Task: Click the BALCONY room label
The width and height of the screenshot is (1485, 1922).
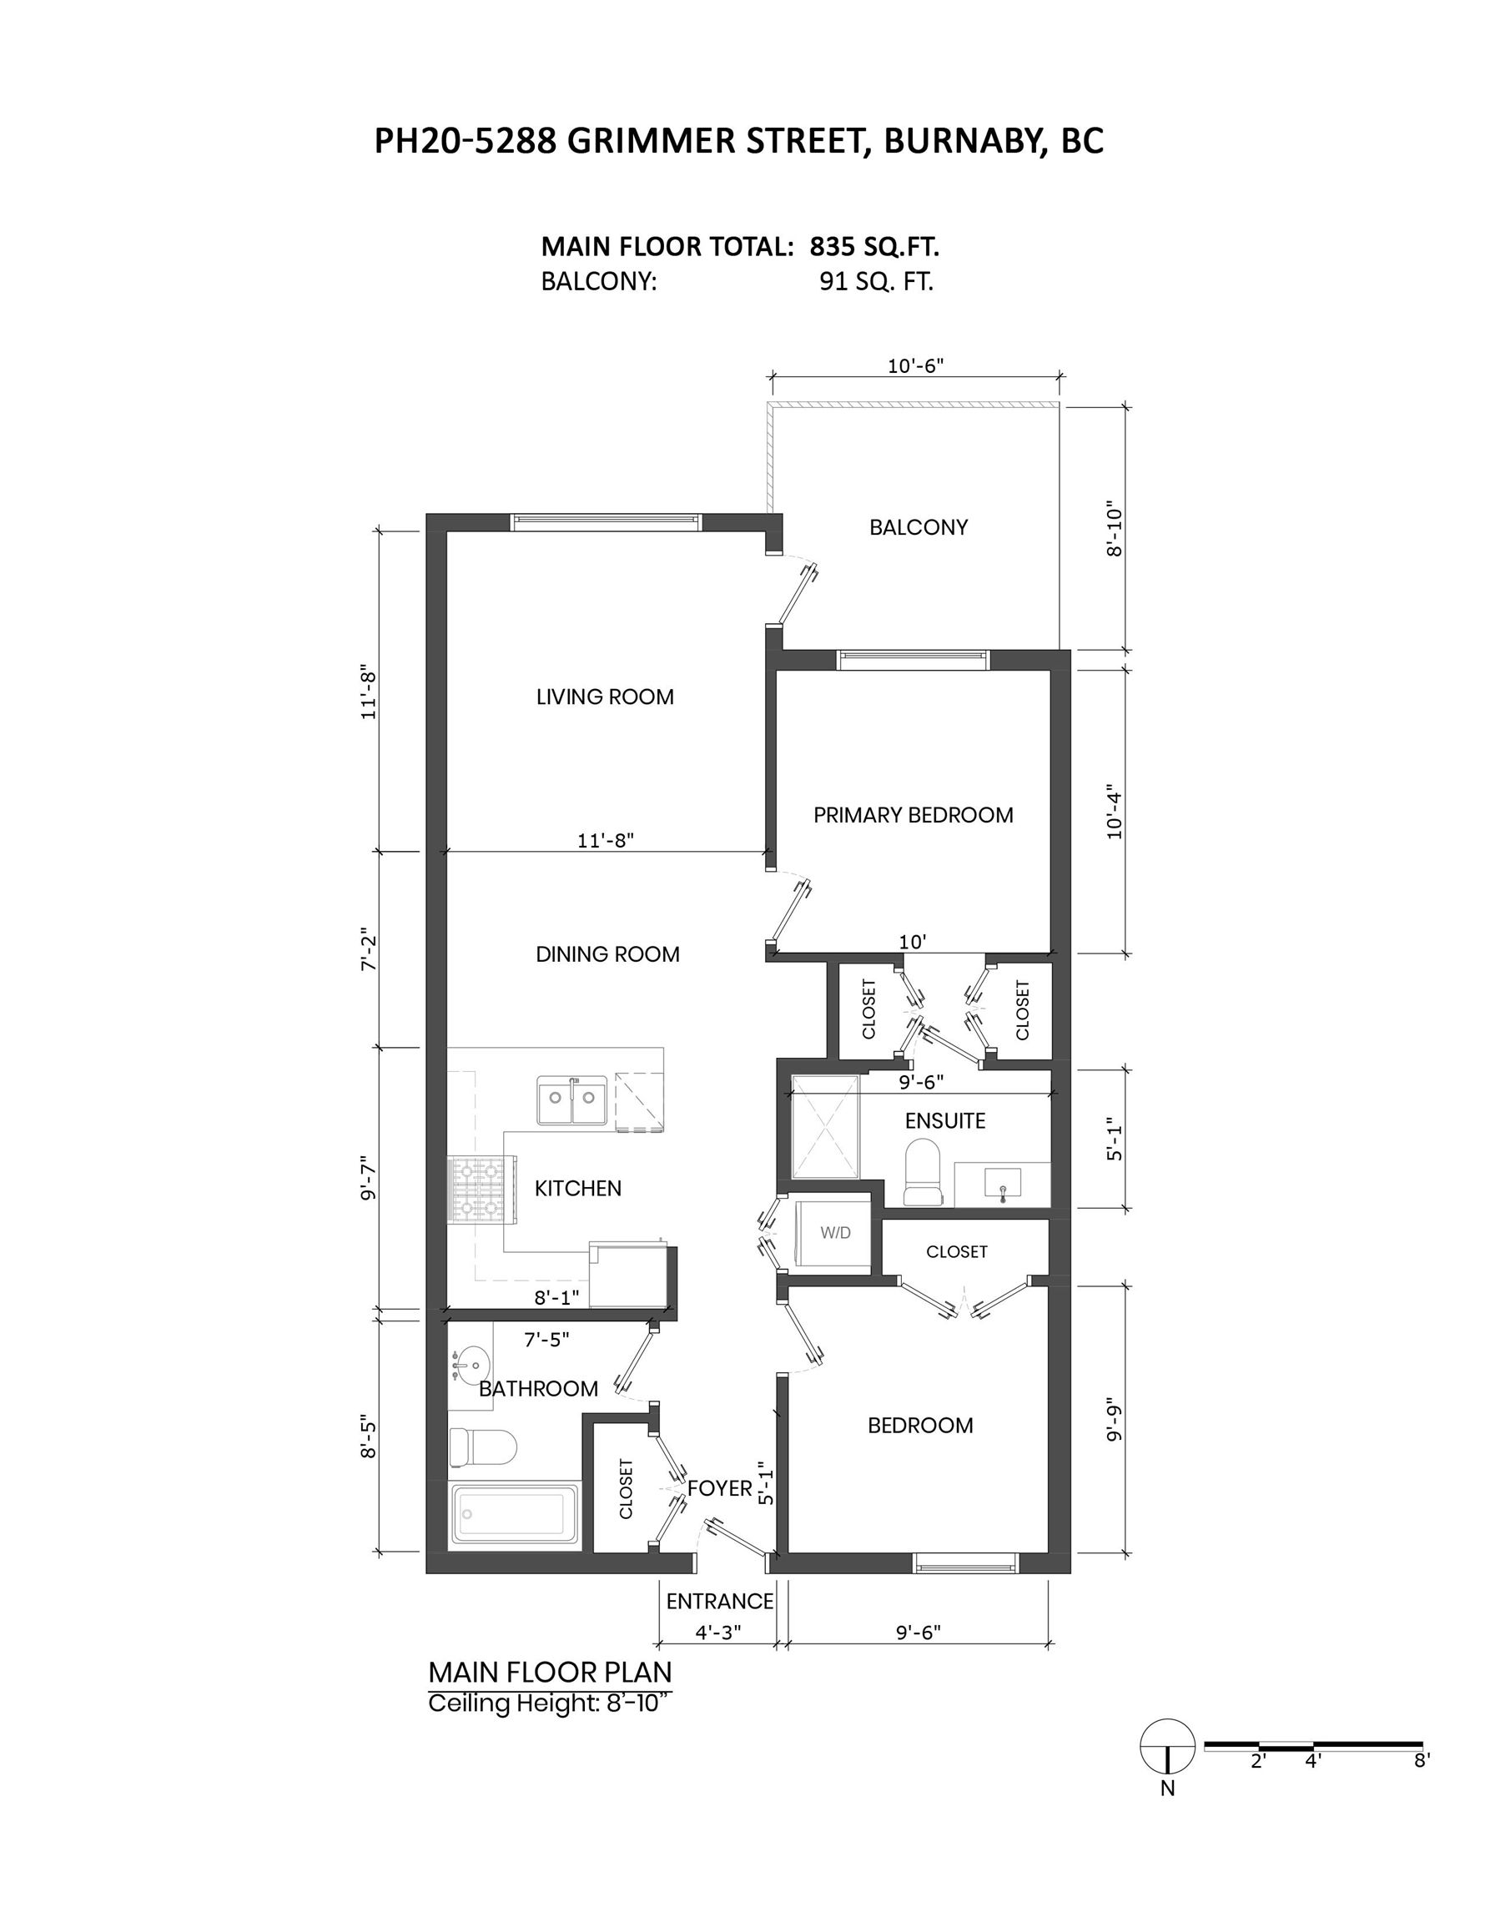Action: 918,527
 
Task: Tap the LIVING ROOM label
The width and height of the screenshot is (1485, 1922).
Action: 605,697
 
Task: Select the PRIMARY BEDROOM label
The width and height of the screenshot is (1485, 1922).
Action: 913,815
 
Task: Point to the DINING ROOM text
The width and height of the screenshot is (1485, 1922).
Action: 607,954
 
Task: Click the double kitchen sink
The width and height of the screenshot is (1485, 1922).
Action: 572,1100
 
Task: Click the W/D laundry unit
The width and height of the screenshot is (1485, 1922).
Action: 833,1233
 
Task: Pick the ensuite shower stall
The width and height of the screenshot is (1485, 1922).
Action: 825,1125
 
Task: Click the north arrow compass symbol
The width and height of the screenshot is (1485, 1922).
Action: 1167,1747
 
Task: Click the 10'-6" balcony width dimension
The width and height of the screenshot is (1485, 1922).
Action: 915,366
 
